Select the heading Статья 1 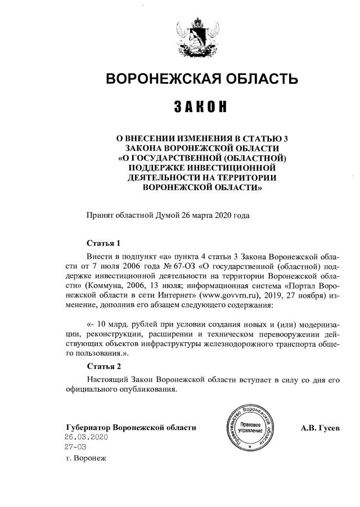pos(104,244)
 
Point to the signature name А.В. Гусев pos(321,428)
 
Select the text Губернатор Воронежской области pos(131,427)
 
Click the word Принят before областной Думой pos(100,216)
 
